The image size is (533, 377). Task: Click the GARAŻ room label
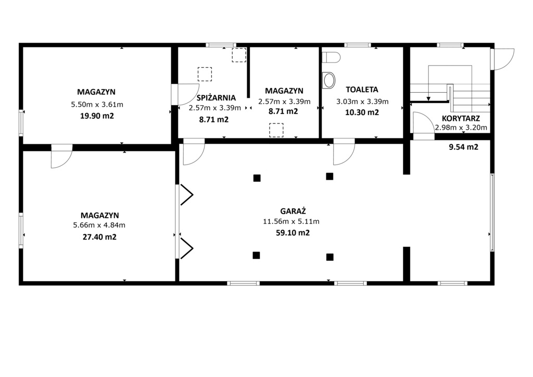[292, 211]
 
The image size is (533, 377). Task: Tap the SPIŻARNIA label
[216, 97]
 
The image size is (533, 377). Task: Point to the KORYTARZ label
[461, 118]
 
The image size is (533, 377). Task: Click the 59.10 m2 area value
[293, 233]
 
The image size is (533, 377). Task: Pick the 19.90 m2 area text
[97, 116]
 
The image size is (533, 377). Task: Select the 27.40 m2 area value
[99, 237]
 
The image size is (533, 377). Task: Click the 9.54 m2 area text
[463, 147]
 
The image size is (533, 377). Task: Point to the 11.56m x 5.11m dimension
[291, 221]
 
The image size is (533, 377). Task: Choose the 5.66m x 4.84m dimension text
[99, 225]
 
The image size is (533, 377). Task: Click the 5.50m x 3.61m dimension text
[97, 105]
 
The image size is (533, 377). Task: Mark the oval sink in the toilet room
[329, 80]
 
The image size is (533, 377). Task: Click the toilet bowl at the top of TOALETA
[332, 56]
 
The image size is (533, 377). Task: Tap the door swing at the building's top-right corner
[503, 59]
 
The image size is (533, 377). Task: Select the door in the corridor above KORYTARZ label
[422, 125]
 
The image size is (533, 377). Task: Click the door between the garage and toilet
[343, 152]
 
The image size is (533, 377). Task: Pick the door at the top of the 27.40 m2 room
[61, 157]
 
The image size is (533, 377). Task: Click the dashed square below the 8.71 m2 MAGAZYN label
[276, 130]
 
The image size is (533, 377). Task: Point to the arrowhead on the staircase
[428, 98]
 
